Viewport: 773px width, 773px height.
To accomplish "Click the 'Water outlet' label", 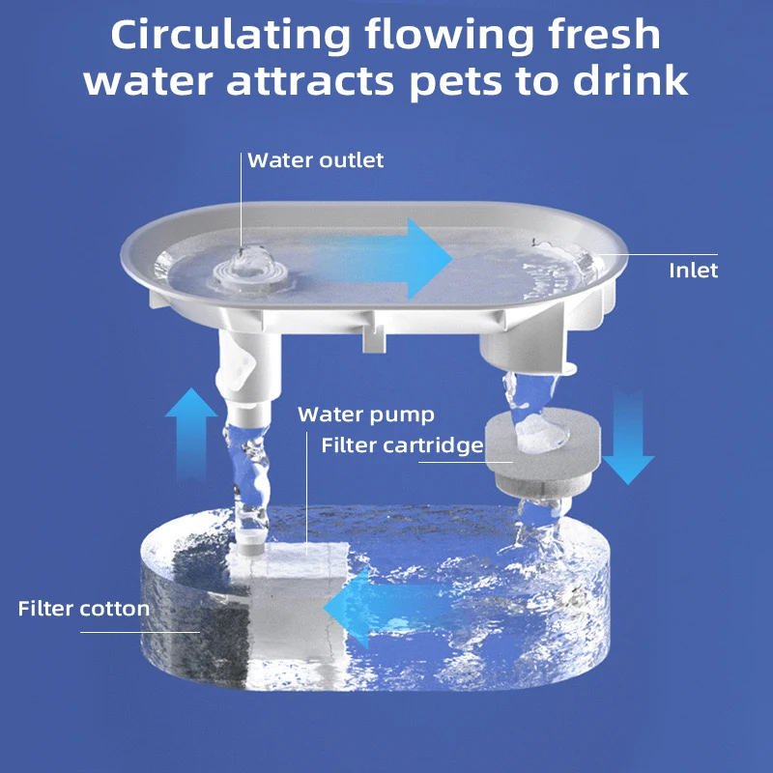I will point(316,160).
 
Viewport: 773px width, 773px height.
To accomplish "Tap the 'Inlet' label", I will point(693,271).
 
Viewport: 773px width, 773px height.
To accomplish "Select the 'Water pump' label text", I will point(365,415).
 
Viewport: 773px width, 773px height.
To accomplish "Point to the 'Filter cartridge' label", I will point(401,445).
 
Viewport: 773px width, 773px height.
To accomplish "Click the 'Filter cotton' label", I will point(83,609).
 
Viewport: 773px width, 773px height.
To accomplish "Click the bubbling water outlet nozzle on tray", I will point(245,267).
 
